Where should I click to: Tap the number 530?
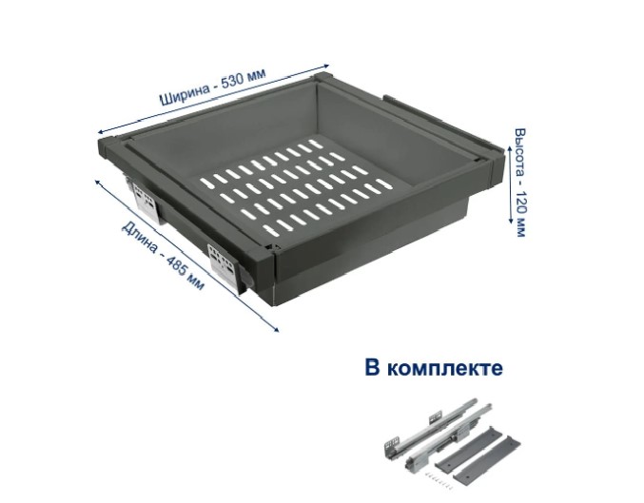[x=233, y=82]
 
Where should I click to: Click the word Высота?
[x=520, y=150]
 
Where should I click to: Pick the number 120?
[x=520, y=203]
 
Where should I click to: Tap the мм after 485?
[x=196, y=283]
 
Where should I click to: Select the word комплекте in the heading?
[x=445, y=369]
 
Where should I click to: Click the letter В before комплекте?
[x=373, y=367]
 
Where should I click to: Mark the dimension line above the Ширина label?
[x=213, y=99]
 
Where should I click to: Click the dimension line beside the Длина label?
[x=186, y=255]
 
